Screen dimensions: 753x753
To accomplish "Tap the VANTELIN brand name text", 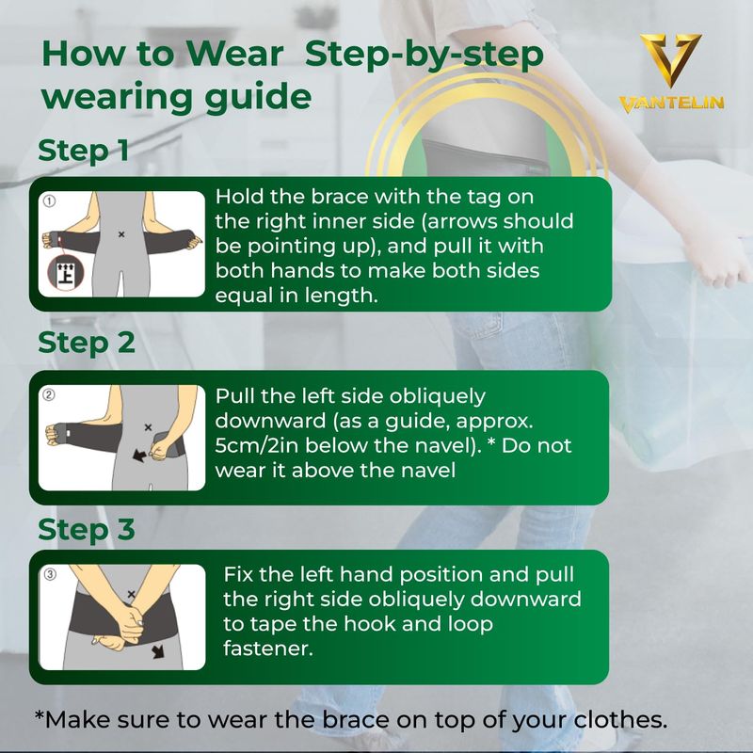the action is (671, 104).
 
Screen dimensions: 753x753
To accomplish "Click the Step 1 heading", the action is (84, 151).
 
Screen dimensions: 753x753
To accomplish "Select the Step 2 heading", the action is (87, 344).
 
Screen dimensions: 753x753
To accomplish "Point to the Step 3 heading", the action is (87, 530).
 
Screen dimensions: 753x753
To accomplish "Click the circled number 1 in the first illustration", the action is (50, 200).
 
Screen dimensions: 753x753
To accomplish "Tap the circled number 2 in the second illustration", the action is (49, 394).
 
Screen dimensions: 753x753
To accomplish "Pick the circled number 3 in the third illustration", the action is (50, 574).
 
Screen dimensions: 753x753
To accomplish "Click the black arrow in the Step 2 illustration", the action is (139, 456).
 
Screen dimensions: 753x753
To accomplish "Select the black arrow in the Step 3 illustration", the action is (158, 651).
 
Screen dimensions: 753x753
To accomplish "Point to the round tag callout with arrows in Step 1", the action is (66, 273).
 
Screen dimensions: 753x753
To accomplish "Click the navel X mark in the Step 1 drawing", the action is (121, 234).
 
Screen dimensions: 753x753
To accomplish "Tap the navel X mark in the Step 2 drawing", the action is (148, 427).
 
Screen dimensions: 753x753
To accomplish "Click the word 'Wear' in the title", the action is (234, 54).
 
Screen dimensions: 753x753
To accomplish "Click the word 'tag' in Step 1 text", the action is (483, 198).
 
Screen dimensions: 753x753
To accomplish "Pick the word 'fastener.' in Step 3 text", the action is (268, 649).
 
